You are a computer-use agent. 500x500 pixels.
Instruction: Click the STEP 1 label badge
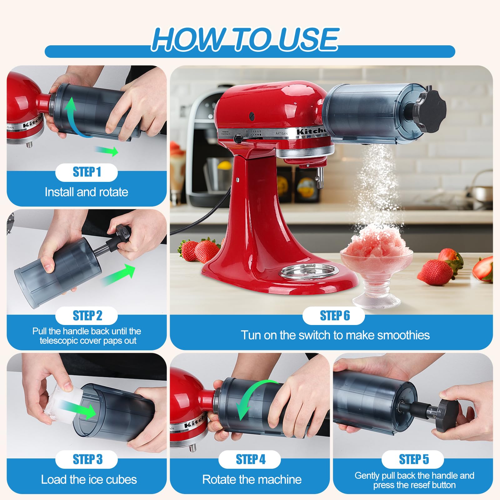click(87, 172)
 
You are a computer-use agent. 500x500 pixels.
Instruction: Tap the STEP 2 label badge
click(87, 316)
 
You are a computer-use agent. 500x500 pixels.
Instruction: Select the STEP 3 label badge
click(87, 459)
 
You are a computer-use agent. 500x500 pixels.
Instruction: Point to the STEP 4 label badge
click(250, 459)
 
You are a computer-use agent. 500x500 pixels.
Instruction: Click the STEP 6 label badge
click(334, 316)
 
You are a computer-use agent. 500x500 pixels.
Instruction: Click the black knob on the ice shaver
click(430, 108)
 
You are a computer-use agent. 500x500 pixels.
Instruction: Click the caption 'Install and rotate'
click(87, 192)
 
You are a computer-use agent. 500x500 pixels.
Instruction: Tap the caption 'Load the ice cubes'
click(89, 479)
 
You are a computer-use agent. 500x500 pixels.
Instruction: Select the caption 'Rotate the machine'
click(252, 479)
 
